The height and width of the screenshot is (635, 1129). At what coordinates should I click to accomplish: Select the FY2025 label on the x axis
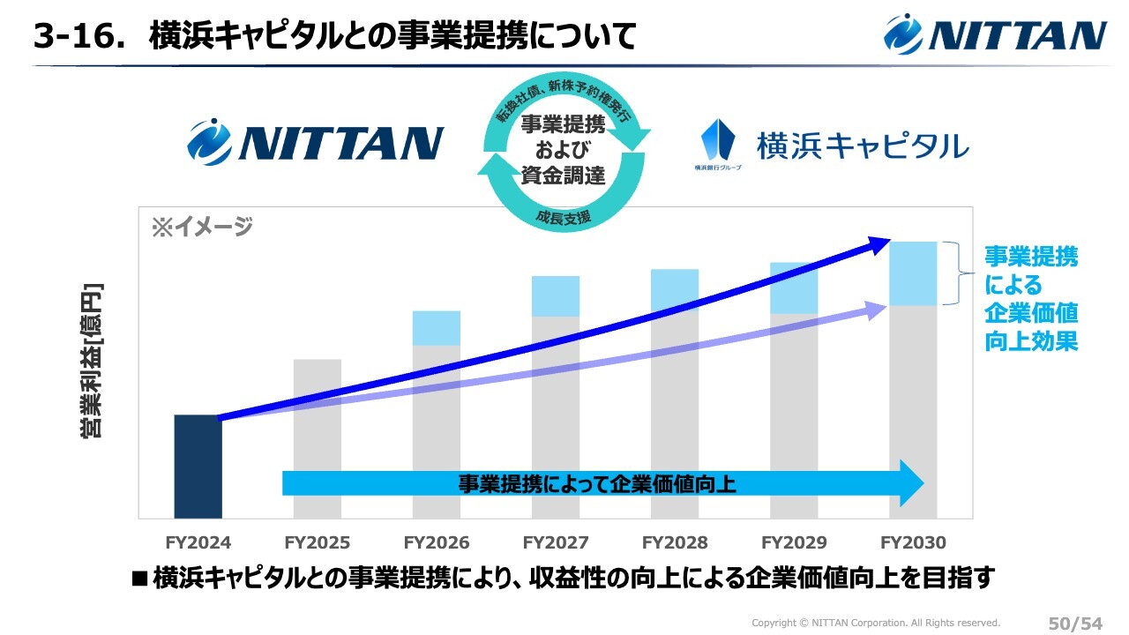317,542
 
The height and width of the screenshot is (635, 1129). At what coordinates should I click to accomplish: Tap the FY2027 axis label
556,542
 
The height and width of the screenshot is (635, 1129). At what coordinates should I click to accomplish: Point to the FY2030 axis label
913,542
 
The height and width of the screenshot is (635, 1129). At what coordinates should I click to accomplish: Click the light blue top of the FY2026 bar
436,327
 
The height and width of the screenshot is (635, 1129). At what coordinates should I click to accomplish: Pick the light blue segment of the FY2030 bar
913,273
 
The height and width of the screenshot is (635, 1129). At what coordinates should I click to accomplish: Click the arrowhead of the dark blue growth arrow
882,244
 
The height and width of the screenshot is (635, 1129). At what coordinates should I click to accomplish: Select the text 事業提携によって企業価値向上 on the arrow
596,483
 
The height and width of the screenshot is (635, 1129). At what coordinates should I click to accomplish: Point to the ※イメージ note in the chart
202,227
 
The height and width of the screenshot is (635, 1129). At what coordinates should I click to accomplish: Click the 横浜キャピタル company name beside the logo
863,146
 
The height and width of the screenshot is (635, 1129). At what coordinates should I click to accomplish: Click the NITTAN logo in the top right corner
996,34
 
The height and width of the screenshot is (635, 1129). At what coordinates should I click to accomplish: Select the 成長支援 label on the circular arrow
563,216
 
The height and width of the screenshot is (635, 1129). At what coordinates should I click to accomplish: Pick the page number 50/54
1075,624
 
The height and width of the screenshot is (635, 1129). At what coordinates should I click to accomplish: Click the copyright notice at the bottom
875,623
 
